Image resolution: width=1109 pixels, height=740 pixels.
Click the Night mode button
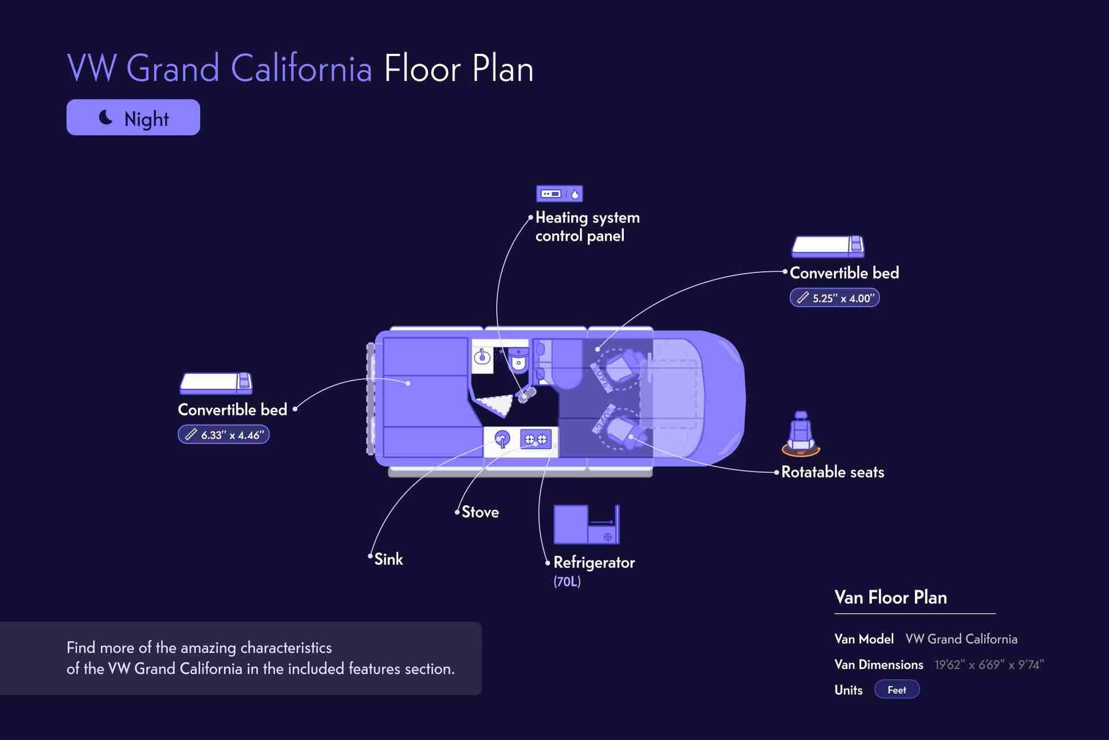133,117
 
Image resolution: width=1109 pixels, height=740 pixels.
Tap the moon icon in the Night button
106,117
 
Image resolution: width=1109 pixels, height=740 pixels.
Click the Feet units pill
896,690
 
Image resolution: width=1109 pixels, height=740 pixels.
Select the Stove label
480,512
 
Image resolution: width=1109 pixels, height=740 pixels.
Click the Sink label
389,559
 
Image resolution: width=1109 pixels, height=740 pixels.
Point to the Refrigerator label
594,563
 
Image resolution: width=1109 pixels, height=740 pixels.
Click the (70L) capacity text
567,582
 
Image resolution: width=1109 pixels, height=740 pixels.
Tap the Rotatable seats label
832,472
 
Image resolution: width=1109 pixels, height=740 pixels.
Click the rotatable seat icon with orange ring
801,434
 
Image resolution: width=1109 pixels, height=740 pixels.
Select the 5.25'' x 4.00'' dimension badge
835,298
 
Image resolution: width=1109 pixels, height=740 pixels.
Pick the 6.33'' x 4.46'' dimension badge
224,435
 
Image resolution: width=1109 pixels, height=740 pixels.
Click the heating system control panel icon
559,194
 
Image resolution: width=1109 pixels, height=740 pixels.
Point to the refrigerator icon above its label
586,524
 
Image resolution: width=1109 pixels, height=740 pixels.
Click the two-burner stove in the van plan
535,439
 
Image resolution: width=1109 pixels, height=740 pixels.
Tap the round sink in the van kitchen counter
502,439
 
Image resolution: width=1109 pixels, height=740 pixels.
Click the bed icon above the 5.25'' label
828,246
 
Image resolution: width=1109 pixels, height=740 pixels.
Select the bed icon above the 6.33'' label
216,383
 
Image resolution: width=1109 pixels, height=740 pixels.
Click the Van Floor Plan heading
891,597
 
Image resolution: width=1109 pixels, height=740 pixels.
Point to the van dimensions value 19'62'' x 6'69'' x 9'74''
989,665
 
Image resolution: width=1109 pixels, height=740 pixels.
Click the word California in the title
301,68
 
